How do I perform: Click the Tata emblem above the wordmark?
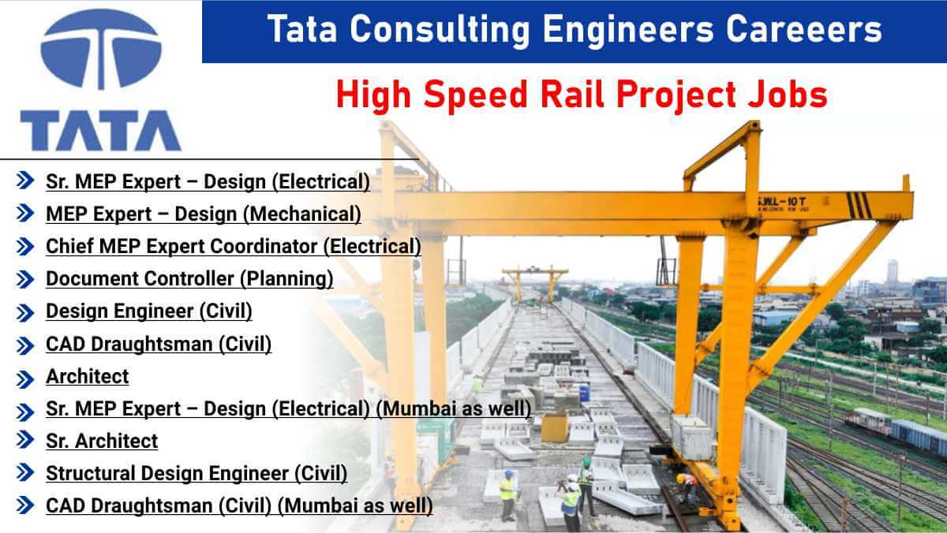(101, 49)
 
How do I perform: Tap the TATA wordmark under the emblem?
(101, 130)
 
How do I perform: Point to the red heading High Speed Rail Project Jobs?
(582, 95)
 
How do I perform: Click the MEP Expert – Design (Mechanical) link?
(203, 214)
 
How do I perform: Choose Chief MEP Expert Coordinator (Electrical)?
(233, 246)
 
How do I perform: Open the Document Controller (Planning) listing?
(189, 278)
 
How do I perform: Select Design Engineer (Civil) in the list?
(148, 311)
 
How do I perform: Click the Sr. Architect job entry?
(102, 441)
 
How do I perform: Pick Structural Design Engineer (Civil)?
(196, 473)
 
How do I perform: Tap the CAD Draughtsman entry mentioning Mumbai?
(238, 505)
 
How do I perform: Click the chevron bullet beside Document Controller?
(25, 279)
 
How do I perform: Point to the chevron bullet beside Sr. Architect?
(25, 442)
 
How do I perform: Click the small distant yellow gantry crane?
(535, 278)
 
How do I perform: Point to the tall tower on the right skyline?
(892, 272)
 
